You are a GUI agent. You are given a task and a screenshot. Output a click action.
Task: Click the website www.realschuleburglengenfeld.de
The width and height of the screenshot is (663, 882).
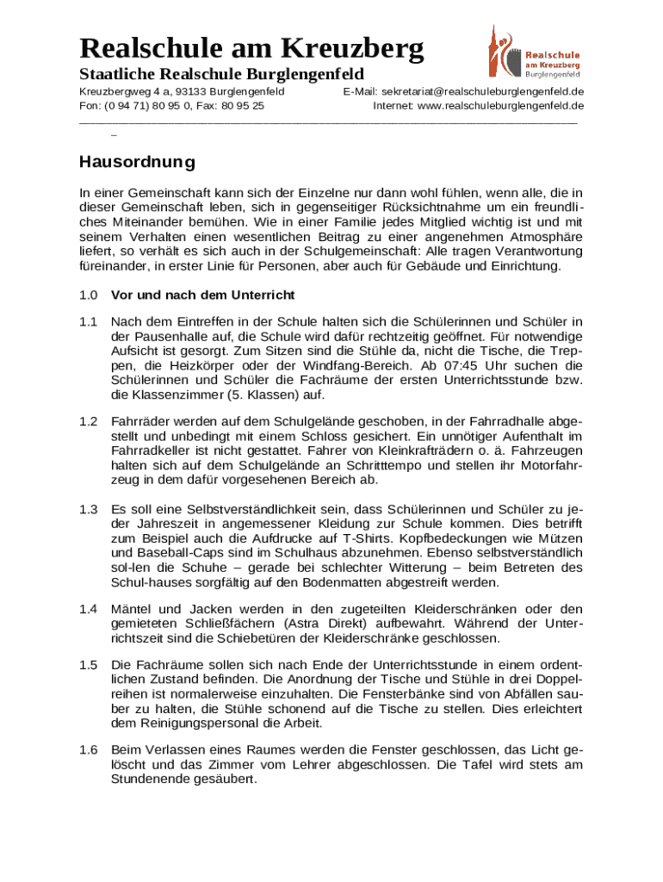coord(500,106)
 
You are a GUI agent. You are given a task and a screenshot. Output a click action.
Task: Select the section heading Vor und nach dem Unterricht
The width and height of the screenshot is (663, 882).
coord(203,295)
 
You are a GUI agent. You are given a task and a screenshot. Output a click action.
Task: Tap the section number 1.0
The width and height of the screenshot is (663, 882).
coord(89,295)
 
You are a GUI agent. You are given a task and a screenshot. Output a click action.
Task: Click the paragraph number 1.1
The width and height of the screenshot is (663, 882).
coord(89,321)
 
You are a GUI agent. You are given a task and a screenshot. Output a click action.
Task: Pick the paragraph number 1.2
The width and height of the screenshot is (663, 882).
coord(89,422)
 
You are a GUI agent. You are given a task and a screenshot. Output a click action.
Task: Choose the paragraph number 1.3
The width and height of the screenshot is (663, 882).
coord(89,509)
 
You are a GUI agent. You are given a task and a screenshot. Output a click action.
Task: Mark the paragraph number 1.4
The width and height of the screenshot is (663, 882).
coord(89,610)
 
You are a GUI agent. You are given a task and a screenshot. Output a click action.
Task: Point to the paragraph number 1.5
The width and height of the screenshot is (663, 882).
coord(89,665)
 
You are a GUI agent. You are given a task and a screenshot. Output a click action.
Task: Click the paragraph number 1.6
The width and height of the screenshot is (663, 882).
coord(89,750)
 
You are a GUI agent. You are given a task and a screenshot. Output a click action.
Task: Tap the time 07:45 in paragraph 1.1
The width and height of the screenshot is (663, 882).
coord(482,365)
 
